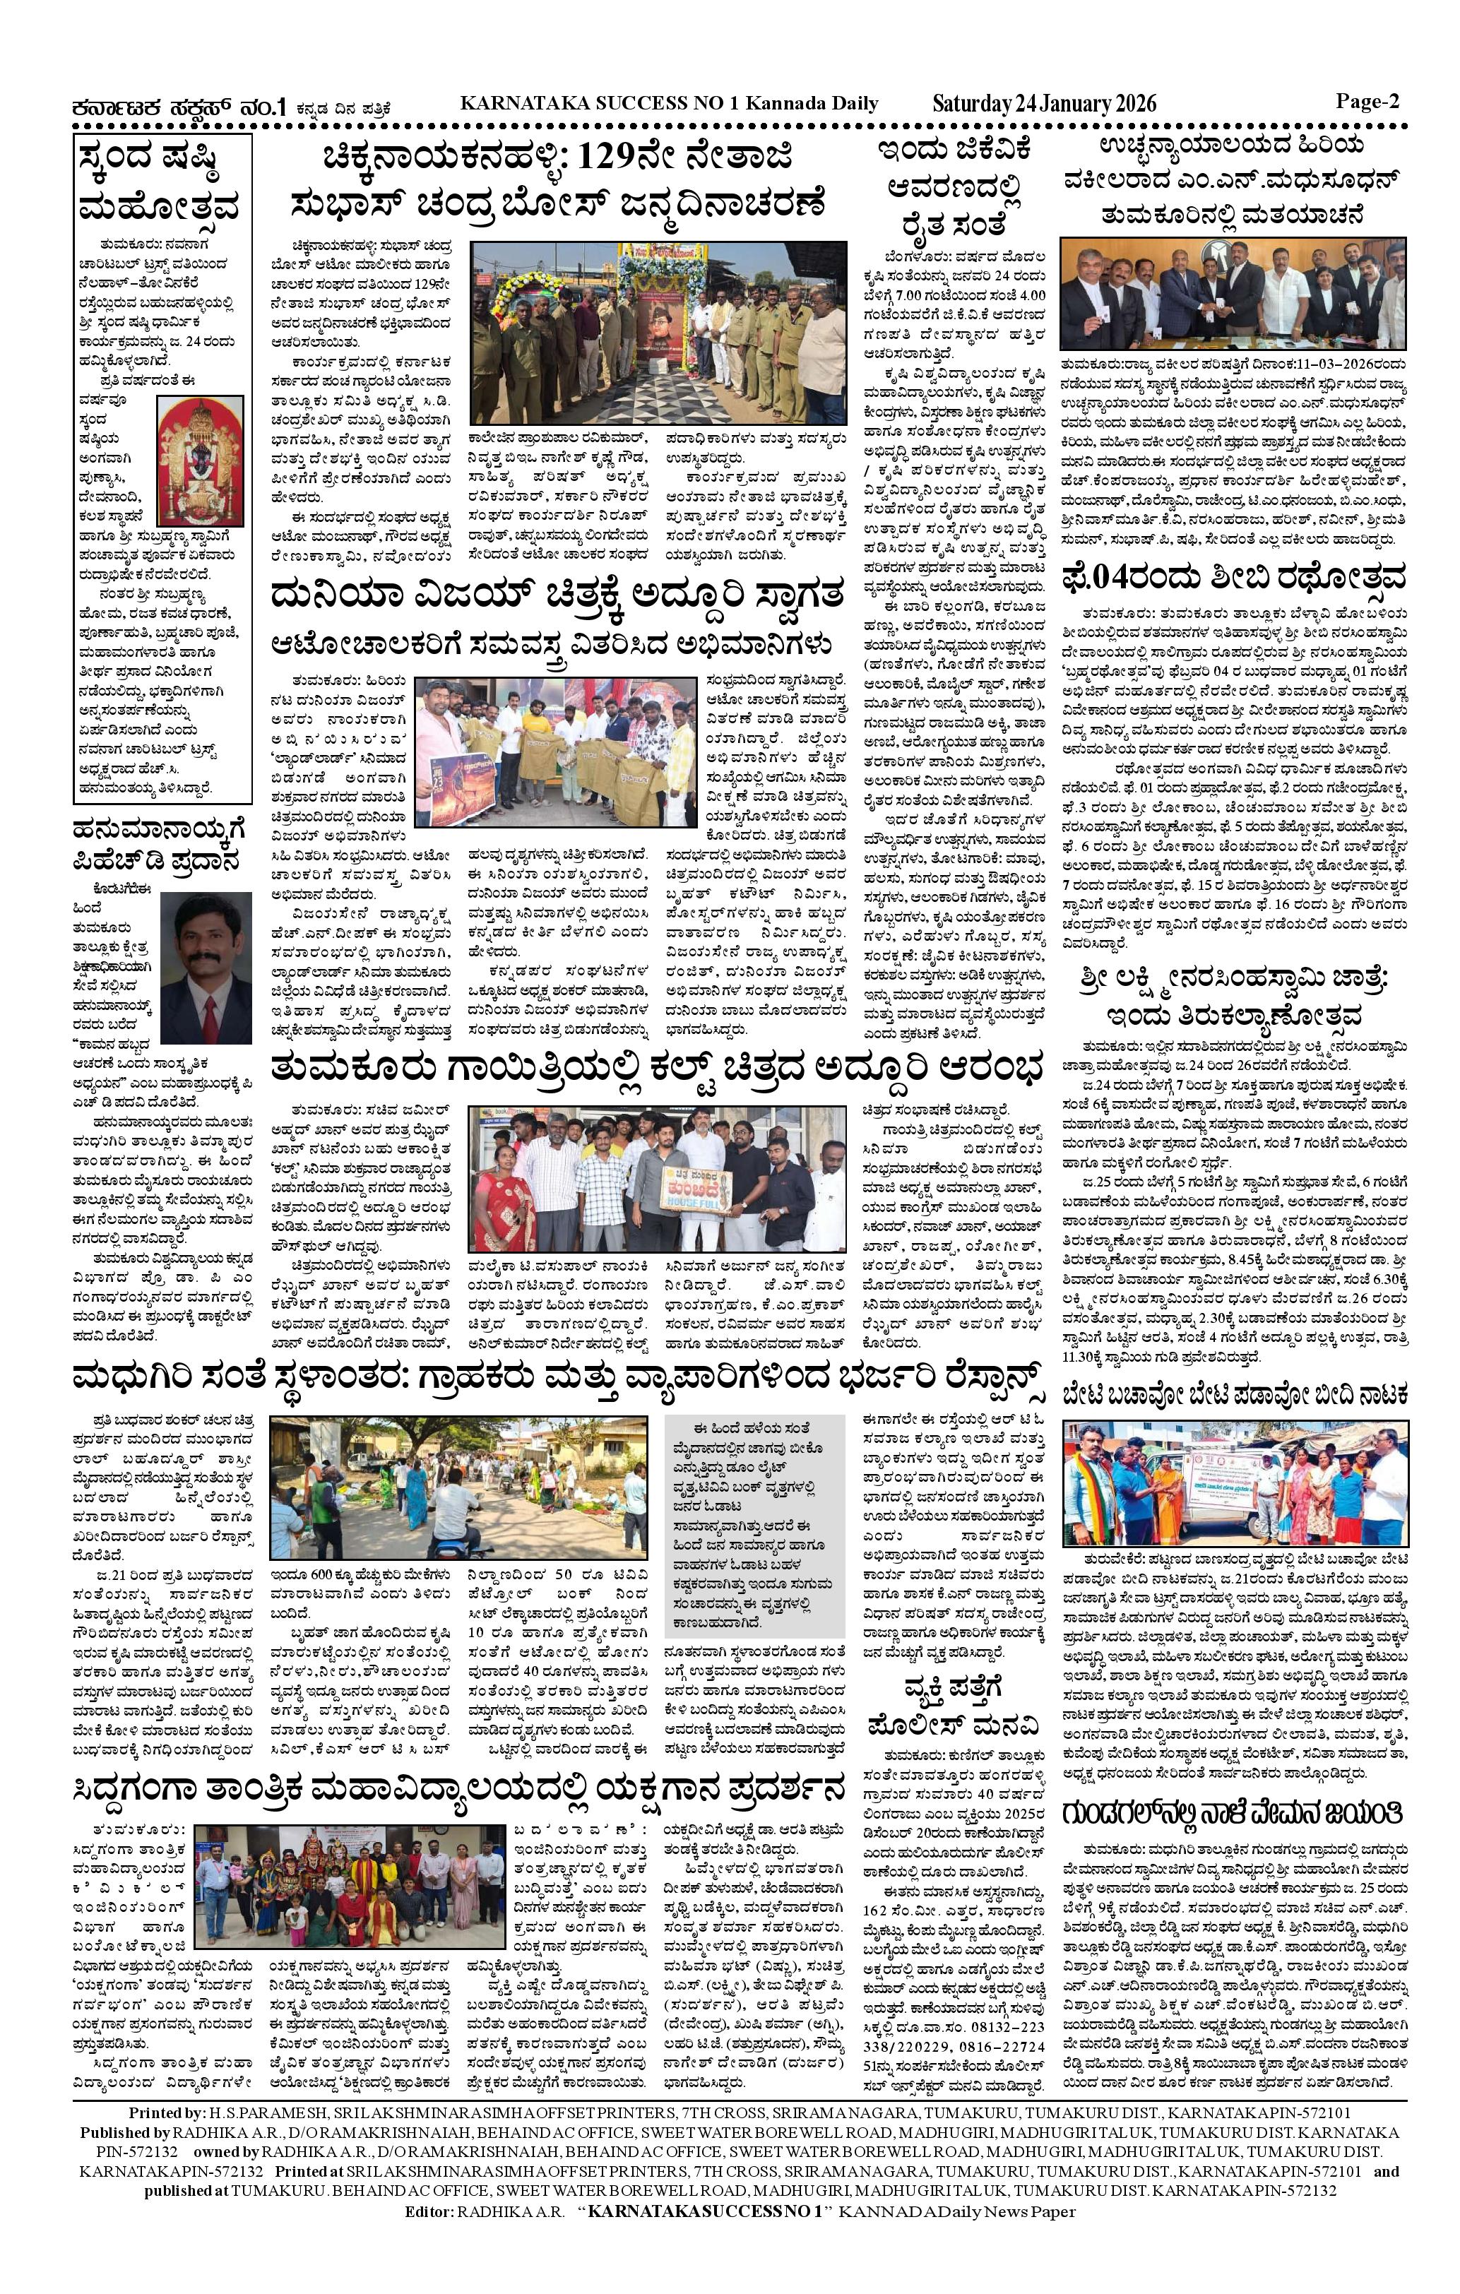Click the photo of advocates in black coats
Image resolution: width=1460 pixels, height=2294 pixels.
click(x=1233, y=292)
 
